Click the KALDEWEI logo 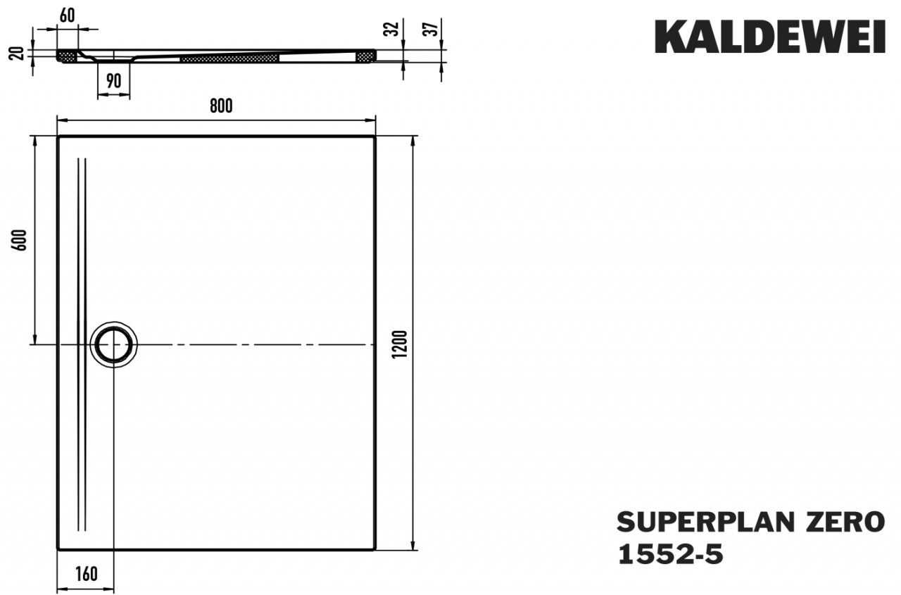tap(770, 37)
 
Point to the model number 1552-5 tap(671, 555)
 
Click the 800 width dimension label tap(221, 106)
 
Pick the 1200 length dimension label tap(401, 344)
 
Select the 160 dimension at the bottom tap(86, 574)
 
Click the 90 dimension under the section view tap(114, 81)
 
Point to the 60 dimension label tap(67, 15)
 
